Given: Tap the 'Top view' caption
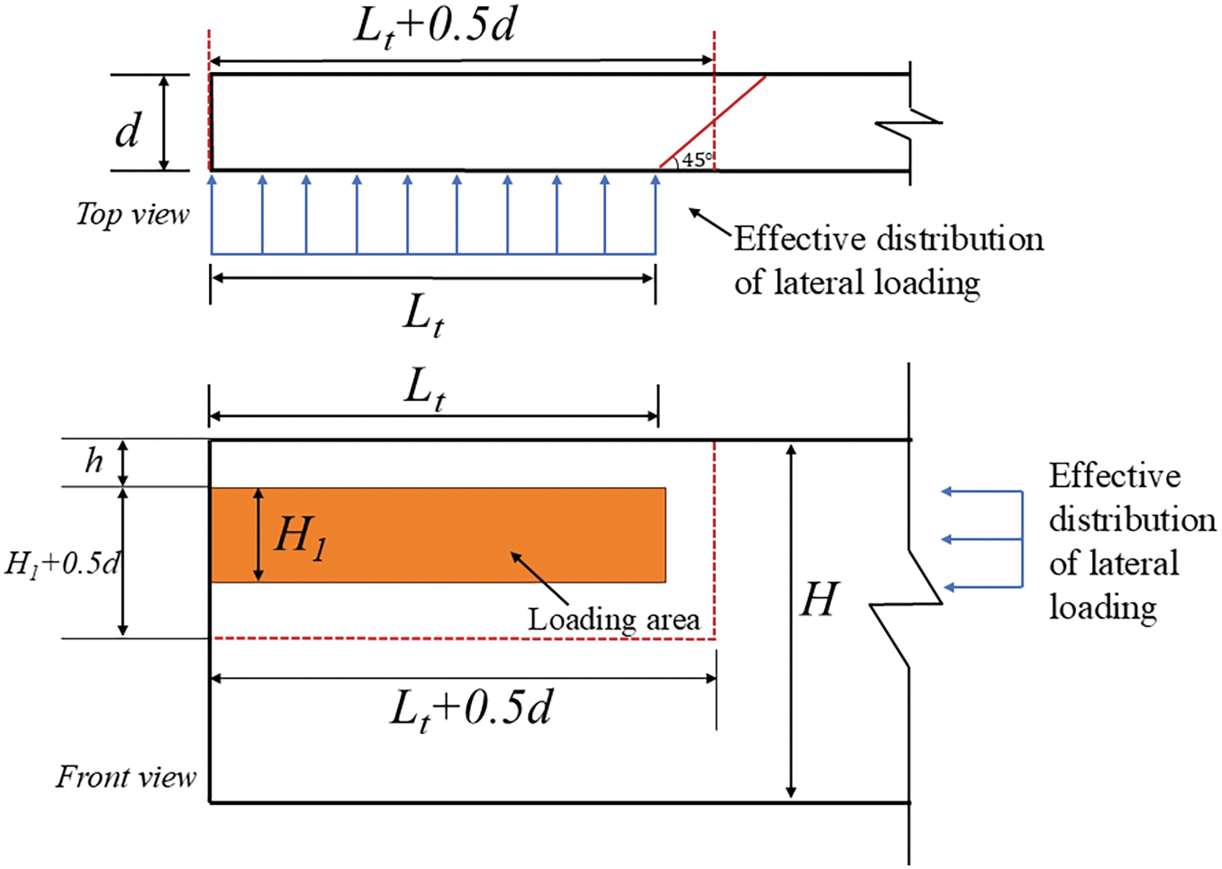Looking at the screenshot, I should (x=132, y=214).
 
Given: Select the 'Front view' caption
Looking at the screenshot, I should (x=126, y=776).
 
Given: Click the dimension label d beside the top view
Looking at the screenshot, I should (x=128, y=131).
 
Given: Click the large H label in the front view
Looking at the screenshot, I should (x=819, y=600).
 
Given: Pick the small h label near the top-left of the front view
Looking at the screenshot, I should (x=94, y=461).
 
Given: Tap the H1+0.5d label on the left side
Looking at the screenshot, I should (x=61, y=564).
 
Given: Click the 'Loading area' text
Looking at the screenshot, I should (x=613, y=620).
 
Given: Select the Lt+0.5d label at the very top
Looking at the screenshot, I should (x=435, y=26).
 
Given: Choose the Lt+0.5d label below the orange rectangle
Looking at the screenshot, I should (x=470, y=709).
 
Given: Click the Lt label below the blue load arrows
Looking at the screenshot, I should (x=423, y=316).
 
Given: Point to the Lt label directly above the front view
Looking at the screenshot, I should (x=424, y=389).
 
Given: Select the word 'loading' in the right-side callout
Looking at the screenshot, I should (x=1102, y=608).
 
